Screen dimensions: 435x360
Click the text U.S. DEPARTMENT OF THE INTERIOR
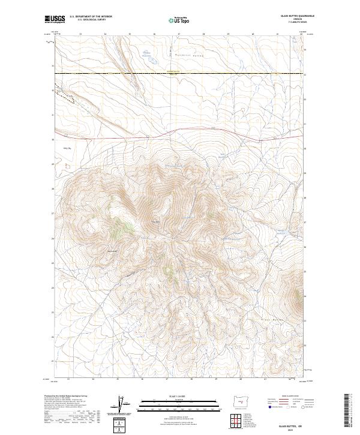point(91,17)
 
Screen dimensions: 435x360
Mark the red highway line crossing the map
point(180,133)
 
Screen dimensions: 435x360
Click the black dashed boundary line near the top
point(180,73)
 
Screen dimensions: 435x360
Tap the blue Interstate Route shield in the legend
point(266,406)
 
